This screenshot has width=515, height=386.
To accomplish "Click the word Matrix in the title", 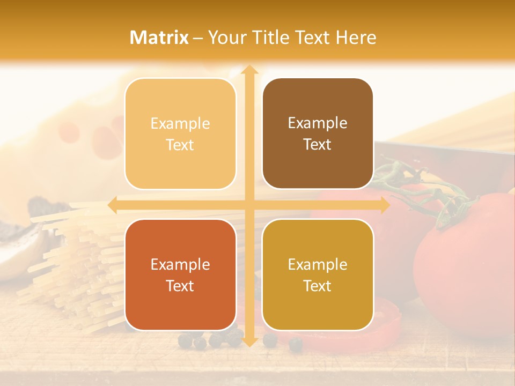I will pyautogui.click(x=159, y=38).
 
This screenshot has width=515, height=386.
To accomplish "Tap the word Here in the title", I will pyautogui.click(x=356, y=38).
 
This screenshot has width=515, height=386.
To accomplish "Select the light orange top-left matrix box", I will pyautogui.click(x=180, y=133).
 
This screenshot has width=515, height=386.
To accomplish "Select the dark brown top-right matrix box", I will pyautogui.click(x=318, y=133).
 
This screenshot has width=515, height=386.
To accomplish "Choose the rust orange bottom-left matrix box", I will pyautogui.click(x=180, y=274).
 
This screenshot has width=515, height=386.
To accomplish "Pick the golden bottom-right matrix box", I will pyautogui.click(x=318, y=274).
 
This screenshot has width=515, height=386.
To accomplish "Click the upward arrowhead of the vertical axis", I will pyautogui.click(x=249, y=70).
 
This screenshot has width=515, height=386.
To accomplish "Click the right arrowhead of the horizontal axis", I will pyautogui.click(x=385, y=205).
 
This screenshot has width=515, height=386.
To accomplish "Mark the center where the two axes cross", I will pyautogui.click(x=249, y=205).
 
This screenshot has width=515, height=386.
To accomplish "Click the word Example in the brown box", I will pyautogui.click(x=318, y=123).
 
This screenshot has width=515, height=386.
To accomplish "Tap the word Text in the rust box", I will pyautogui.click(x=180, y=286).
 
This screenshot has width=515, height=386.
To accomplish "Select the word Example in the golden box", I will pyautogui.click(x=318, y=264).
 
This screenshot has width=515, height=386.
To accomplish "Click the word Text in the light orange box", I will pyautogui.click(x=180, y=145).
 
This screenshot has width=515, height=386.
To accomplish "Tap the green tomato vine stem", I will pyautogui.click(x=424, y=188).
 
